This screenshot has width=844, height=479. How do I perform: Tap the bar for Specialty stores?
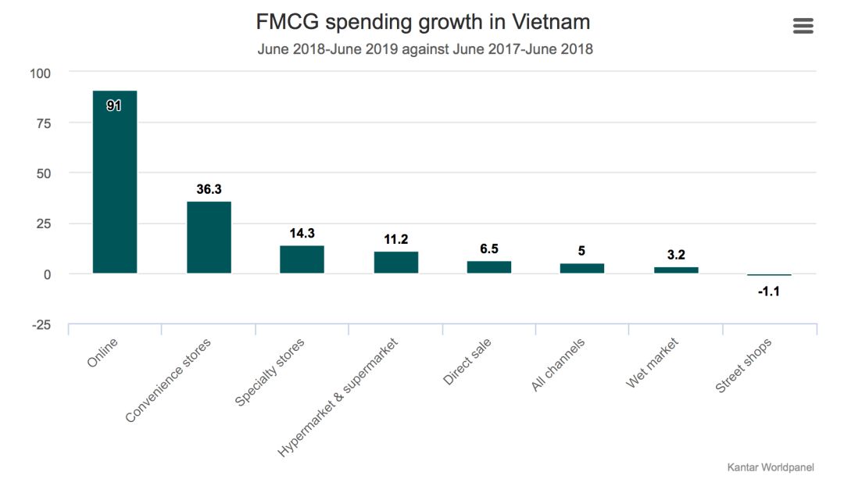tap(302, 259)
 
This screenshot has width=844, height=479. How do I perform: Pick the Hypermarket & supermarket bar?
tap(395, 262)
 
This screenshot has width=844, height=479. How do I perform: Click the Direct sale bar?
tap(489, 266)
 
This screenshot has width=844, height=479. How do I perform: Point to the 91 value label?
tap(114, 105)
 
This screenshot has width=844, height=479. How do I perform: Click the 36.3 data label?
tap(209, 189)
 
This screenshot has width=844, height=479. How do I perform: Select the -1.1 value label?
tap(769, 292)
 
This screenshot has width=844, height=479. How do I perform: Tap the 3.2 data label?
tap(676, 255)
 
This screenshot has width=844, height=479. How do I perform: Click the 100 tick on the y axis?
tap(40, 73)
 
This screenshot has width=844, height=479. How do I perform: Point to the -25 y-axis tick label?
tap(40, 324)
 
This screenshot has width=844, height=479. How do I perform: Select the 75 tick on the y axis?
tap(42, 123)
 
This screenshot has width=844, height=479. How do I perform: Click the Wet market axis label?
tap(653, 363)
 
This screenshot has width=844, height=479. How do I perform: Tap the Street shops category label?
tap(744, 366)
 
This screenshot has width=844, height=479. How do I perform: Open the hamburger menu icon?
tap(803, 26)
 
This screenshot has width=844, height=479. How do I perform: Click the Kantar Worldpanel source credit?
tap(771, 466)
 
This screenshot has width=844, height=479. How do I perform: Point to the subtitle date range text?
tap(425, 49)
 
